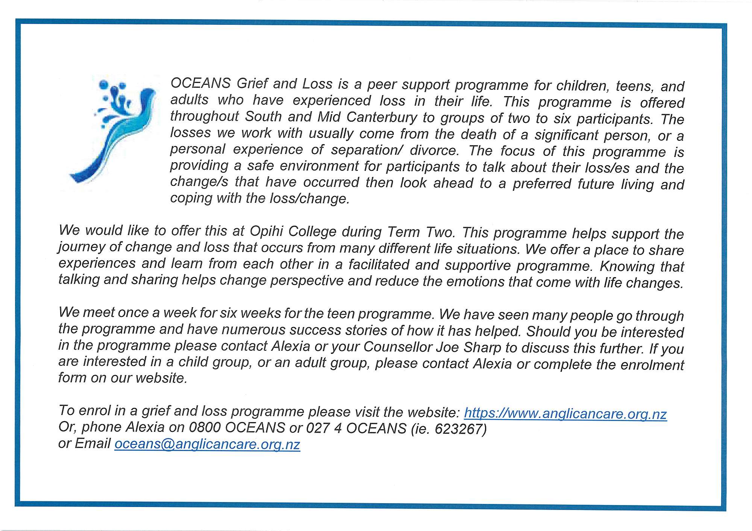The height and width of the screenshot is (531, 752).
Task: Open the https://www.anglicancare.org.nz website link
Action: [565, 413]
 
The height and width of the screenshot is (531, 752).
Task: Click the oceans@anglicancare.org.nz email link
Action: [207, 444]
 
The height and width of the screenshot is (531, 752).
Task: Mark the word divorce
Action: [434, 150]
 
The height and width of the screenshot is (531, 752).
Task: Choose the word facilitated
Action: [379, 265]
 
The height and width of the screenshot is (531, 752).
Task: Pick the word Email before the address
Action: [92, 444]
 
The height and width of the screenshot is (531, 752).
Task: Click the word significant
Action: [566, 135]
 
